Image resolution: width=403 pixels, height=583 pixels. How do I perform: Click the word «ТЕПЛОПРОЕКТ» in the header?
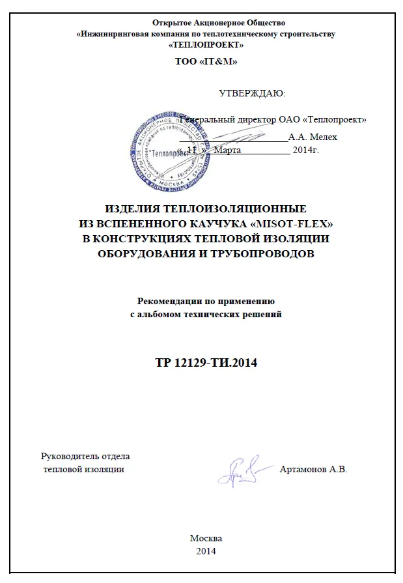pyautogui.click(x=206, y=45)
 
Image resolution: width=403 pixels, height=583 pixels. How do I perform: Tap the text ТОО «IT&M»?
pyautogui.click(x=206, y=62)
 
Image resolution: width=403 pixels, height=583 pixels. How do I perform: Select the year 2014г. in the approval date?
pyautogui.click(x=305, y=150)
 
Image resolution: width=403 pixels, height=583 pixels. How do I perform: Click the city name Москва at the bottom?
pyautogui.click(x=206, y=538)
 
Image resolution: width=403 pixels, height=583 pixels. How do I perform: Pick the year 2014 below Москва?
pyautogui.click(x=206, y=551)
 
